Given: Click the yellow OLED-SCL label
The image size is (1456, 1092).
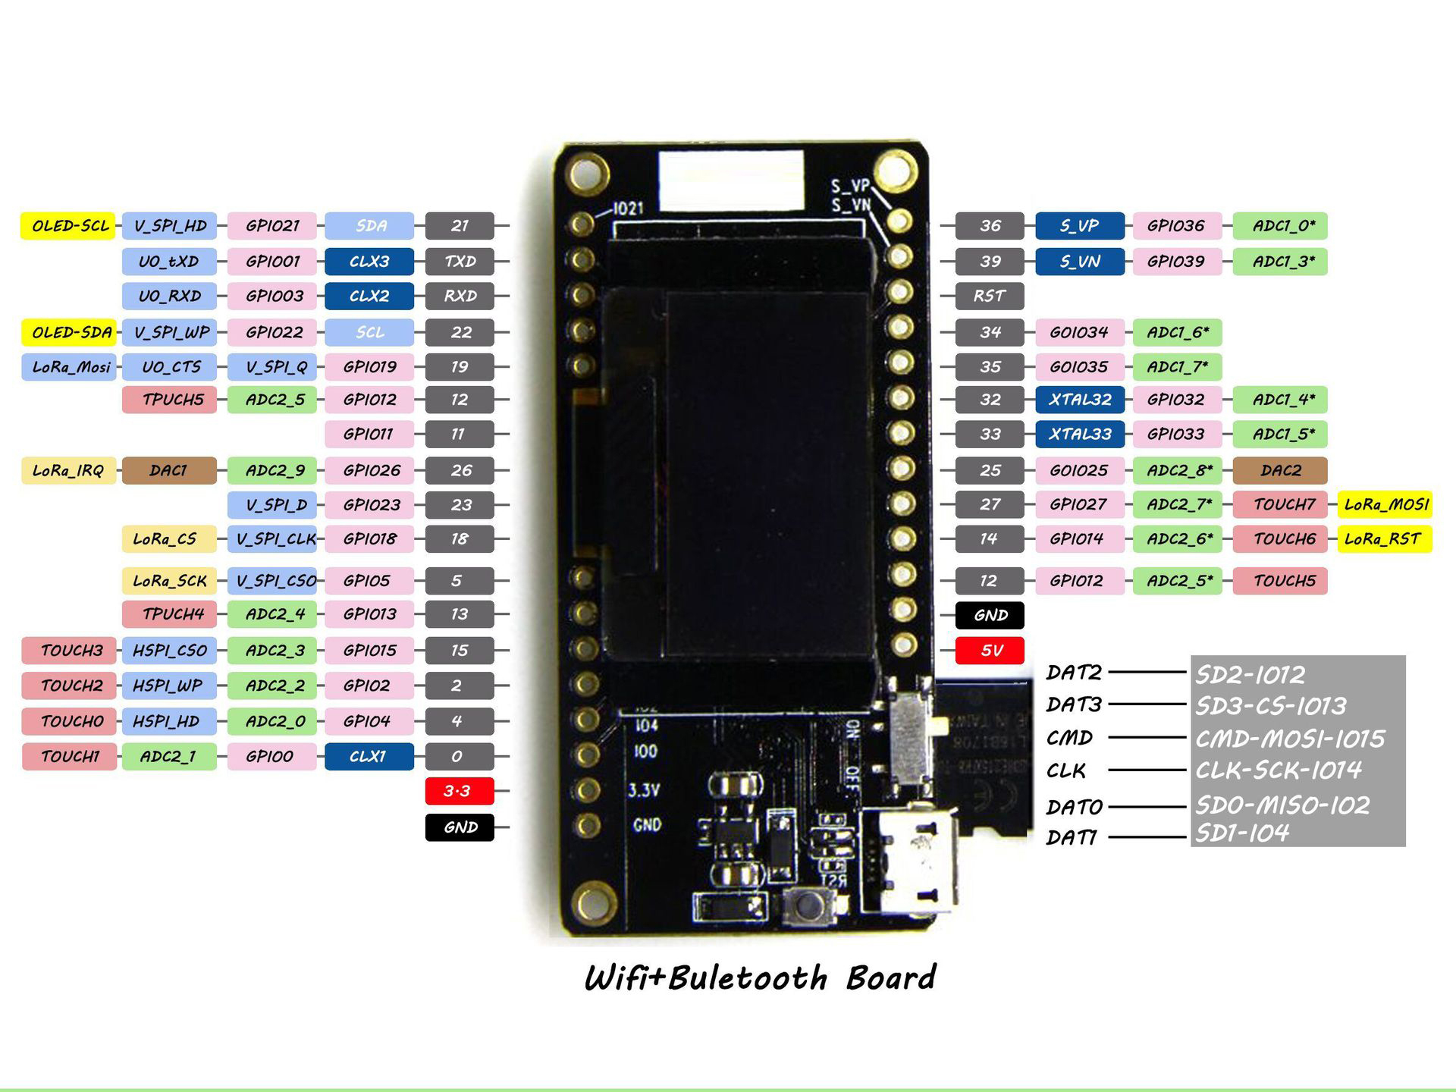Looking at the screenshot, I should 68,225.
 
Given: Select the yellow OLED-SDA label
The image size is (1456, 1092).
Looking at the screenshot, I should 69,332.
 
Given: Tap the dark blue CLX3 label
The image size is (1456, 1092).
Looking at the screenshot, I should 369,262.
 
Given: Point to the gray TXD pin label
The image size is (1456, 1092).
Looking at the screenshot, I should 460,262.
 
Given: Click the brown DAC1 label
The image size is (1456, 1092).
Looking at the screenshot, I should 168,470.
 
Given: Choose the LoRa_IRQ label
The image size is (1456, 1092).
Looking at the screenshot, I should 68,470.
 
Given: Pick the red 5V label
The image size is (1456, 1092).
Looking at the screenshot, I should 990,651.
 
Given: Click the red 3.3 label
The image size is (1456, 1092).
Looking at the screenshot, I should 459,791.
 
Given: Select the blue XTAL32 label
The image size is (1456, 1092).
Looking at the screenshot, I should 1079,400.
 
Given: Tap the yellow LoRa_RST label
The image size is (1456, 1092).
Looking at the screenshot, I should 1383,539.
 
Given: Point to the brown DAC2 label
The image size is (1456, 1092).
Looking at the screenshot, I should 1280,470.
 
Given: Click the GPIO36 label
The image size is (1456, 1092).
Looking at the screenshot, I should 1175,225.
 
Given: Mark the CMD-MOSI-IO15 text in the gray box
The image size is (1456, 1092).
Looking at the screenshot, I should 1290,739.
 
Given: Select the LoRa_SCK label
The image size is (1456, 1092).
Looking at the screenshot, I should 169,581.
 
